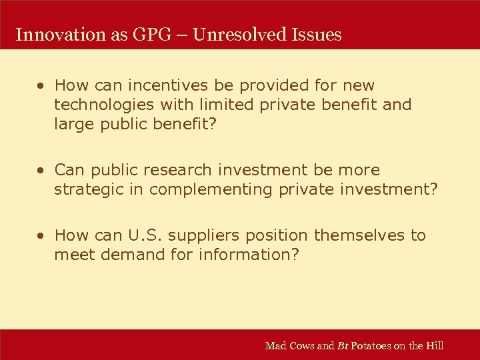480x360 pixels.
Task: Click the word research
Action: click(213, 170)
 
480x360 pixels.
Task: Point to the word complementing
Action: click(211, 189)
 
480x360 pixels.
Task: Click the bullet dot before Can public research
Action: click(41, 171)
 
